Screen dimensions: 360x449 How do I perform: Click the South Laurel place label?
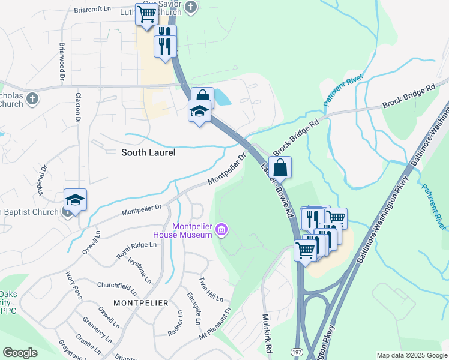click(x=148, y=152)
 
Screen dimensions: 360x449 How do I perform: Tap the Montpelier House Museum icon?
click(x=222, y=229)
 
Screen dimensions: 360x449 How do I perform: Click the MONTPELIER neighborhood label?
click(x=140, y=303)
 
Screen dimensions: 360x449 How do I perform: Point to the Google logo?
click(x=20, y=353)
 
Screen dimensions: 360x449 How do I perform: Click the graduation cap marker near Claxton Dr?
click(x=76, y=200)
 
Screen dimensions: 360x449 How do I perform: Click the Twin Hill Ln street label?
click(x=211, y=290)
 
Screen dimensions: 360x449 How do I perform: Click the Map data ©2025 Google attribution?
click(x=412, y=355)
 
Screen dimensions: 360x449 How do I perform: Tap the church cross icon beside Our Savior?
click(x=191, y=7)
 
